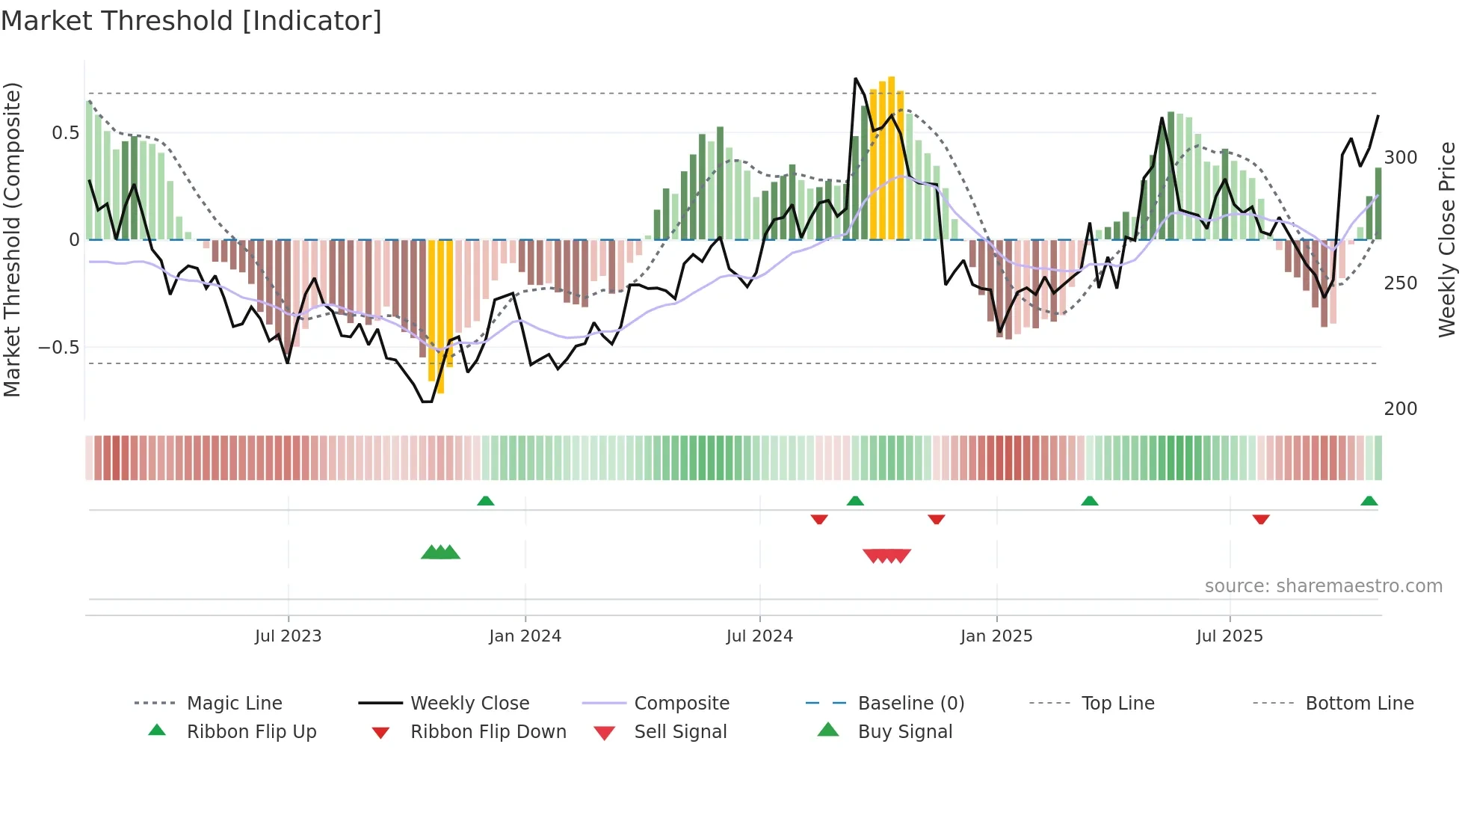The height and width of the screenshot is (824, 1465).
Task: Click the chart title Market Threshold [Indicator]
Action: coord(191,21)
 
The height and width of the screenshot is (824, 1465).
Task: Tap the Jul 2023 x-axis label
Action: coord(288,636)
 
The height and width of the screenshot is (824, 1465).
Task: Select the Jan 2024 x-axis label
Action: coord(525,636)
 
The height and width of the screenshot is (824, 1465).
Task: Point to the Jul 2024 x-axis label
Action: coord(759,636)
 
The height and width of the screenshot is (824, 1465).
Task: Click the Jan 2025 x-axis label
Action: coord(996,636)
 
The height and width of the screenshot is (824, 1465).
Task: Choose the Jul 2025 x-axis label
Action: coord(1230,636)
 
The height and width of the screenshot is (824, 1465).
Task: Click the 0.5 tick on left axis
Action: coord(65,133)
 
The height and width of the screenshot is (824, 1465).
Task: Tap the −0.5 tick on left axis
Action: coord(59,348)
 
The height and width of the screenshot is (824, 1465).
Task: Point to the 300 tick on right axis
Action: coord(1401,158)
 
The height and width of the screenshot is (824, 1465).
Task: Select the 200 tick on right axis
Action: coord(1401,409)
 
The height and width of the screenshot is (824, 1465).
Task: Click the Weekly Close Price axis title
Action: coord(1447,239)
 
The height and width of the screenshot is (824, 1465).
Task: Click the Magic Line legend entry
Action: coord(234,704)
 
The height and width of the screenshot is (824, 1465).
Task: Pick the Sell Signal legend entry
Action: coord(680,732)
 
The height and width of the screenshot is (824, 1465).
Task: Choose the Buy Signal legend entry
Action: coord(904,732)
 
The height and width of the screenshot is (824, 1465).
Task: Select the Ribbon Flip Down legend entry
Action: coord(488,732)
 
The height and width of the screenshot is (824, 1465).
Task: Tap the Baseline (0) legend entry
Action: coord(910,704)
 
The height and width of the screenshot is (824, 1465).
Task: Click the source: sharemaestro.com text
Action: coord(1323,586)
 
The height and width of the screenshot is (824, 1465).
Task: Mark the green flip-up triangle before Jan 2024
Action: coord(486,501)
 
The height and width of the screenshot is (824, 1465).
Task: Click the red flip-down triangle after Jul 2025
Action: coord(1261,519)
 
